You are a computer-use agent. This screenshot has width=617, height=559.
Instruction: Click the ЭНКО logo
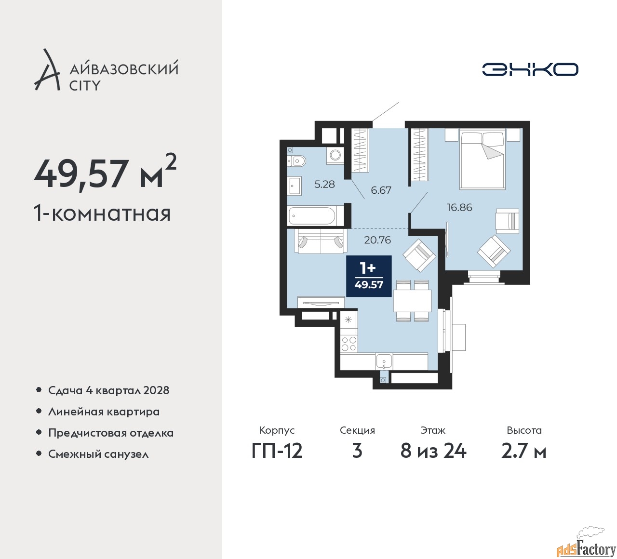tap(530, 69)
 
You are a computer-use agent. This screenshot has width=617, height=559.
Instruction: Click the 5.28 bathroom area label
tap(324, 184)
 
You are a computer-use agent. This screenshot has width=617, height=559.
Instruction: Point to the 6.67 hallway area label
tap(381, 190)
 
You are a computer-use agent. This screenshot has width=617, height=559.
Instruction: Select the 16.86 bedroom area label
tap(459, 207)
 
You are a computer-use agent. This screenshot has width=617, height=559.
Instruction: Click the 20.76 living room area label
tap(377, 240)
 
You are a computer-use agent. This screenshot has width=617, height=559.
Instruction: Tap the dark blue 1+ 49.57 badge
tap(369, 276)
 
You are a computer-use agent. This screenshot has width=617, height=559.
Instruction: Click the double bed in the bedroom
tap(483, 159)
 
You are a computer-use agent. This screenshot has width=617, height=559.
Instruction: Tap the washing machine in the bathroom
tap(335, 154)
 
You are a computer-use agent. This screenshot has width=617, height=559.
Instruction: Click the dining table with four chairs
tap(413, 301)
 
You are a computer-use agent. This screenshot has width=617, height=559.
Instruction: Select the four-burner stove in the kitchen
tap(349, 344)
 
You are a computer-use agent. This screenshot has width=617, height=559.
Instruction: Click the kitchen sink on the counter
tap(384, 361)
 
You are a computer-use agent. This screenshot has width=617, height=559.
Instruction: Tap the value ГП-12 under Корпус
tap(277, 451)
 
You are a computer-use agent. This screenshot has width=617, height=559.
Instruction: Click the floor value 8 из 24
tap(433, 451)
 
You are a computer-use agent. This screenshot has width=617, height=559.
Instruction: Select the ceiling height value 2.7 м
tap(524, 451)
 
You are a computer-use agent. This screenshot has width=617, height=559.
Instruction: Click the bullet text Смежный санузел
tap(98, 454)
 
